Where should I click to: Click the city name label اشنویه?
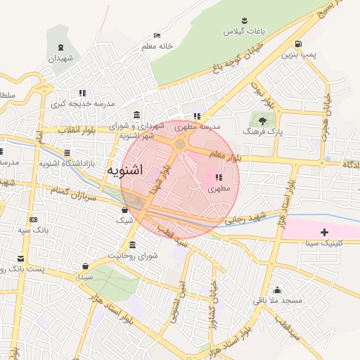127,171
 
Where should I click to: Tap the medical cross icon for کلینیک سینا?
323,231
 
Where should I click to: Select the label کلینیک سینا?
323,243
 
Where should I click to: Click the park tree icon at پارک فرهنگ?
263,120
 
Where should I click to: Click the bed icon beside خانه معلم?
157,35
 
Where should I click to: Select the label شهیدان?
61,59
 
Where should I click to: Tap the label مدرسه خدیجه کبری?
82,104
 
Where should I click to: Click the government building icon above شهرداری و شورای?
136,115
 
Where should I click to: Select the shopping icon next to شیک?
124,209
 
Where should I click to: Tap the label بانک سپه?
34,230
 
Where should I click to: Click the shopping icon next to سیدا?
86,266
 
